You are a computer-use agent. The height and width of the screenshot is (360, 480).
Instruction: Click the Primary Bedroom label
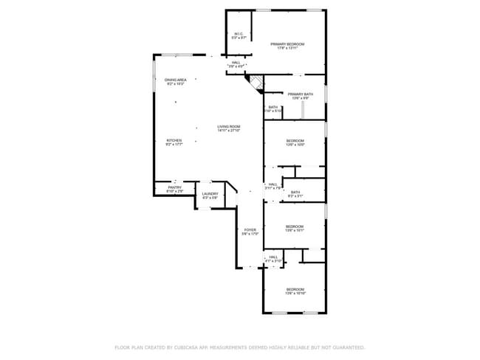click(287, 44)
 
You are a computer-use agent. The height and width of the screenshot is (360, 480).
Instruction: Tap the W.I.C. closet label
click(238, 34)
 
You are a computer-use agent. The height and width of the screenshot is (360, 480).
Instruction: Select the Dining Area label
click(175, 80)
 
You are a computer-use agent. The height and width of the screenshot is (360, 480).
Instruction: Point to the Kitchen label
click(174, 140)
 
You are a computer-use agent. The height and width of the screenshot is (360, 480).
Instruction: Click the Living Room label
click(228, 126)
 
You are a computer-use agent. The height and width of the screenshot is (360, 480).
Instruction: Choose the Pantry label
click(174, 187)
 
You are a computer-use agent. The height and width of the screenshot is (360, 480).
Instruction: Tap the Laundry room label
click(210, 194)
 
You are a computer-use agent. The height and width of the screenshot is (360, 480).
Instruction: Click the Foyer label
click(250, 230)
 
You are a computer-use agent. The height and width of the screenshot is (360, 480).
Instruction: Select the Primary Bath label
click(301, 94)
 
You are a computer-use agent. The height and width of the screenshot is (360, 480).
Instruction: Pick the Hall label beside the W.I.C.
click(236, 63)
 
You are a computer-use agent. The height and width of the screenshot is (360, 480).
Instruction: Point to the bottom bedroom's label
click(295, 289)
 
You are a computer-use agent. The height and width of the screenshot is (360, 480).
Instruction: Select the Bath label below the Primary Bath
click(272, 108)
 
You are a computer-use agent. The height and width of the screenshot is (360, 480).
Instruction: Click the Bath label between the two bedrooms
click(295, 193)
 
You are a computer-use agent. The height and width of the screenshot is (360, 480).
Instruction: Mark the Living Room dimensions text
click(228, 131)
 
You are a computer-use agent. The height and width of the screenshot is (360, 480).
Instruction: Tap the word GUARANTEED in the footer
click(347, 347)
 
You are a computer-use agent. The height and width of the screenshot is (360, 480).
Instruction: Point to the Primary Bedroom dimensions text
click(287, 49)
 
